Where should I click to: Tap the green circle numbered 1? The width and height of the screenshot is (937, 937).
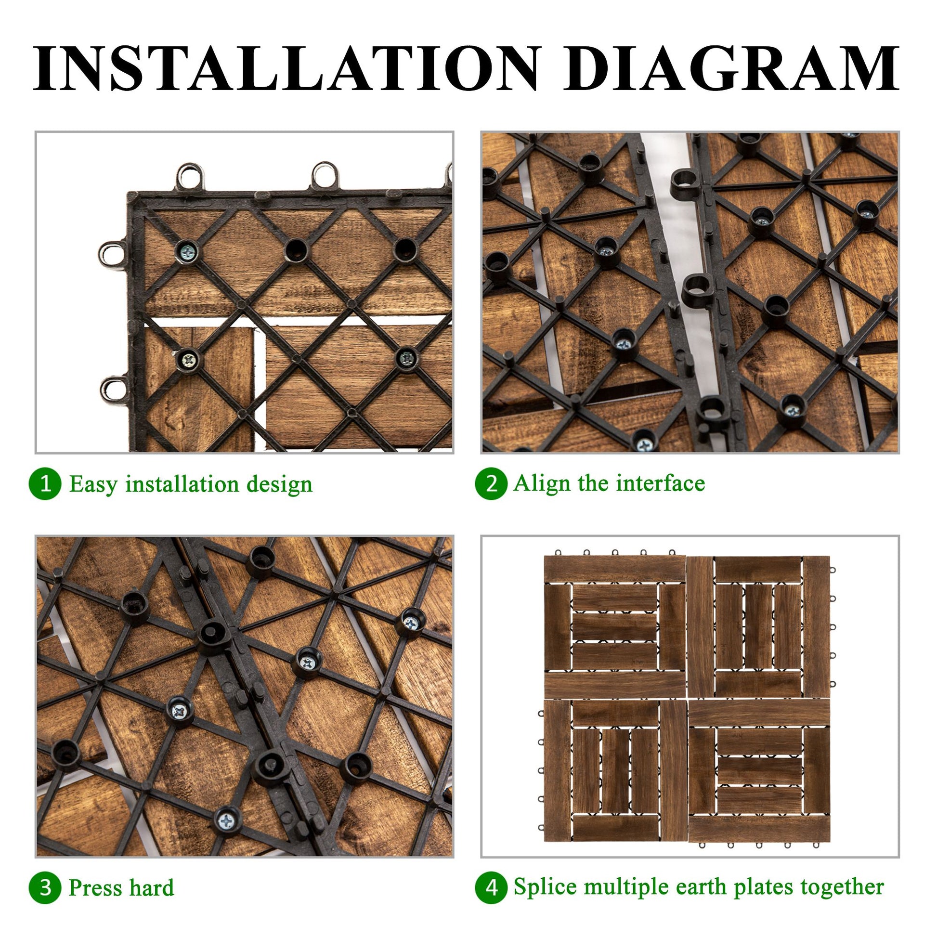point(45,483)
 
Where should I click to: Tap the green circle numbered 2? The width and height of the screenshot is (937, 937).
point(491,483)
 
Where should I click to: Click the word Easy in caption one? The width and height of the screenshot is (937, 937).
point(93,484)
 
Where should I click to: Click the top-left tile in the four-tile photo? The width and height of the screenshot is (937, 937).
point(614,626)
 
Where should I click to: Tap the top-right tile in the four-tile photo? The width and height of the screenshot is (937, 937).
point(759,626)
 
